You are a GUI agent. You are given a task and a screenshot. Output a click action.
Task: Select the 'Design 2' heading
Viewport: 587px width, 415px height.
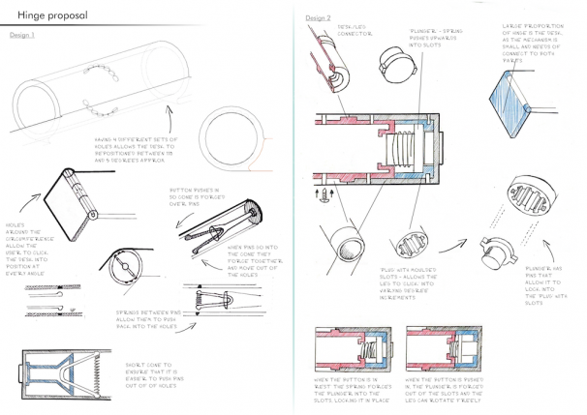(x=319, y=18)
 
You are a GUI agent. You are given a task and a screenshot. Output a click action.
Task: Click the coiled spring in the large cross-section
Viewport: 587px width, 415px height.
(x=405, y=153)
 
